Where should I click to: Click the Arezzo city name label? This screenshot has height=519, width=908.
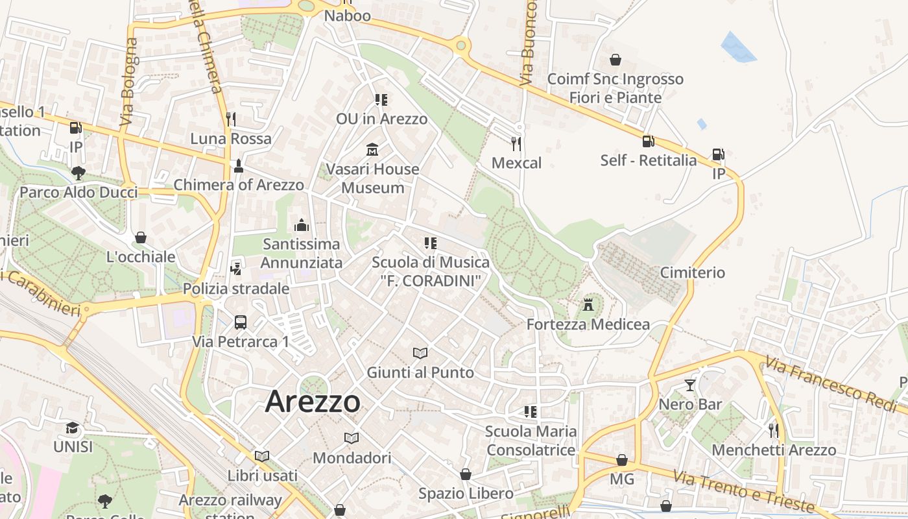313,402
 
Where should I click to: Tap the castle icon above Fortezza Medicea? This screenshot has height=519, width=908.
588,304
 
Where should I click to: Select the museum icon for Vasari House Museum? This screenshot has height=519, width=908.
372,150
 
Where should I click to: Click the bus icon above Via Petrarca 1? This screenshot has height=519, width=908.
240,322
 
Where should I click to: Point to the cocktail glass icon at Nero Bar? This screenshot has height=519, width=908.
689,385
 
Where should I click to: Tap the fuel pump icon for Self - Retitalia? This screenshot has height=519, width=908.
648,141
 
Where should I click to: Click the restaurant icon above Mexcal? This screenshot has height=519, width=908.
516,143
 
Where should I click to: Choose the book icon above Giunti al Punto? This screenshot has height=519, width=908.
420,353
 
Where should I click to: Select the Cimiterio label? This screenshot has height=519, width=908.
692,272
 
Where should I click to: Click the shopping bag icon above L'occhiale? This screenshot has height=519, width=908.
141,237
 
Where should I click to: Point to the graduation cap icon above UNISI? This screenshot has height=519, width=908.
73,428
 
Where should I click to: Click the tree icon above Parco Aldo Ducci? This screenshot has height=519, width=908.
78,173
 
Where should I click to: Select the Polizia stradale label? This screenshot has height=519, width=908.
236,289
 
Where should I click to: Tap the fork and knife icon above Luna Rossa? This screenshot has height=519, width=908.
230,119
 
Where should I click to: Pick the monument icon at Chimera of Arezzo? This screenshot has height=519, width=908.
238,166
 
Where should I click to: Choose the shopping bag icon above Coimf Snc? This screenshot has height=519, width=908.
615,60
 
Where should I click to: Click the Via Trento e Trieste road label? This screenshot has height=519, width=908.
743,491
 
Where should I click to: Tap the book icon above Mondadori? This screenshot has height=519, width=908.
352,438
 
